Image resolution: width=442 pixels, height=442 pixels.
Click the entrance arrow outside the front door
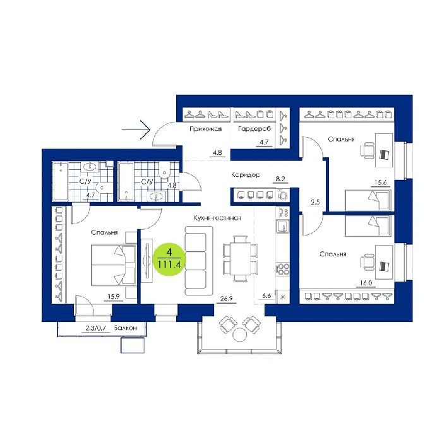pyautogui.click(x=136, y=129)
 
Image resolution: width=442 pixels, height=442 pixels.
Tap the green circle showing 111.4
pyautogui.click(x=169, y=259)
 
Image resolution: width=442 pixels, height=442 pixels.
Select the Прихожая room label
pyautogui.click(x=205, y=129)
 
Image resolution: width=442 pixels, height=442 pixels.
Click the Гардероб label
pyautogui.click(x=254, y=129)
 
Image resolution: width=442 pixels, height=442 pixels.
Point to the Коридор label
pyautogui.click(x=246, y=175)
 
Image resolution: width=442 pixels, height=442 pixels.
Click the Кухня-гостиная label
pyautogui.click(x=217, y=218)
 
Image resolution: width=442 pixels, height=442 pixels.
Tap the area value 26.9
pyautogui.click(x=226, y=299)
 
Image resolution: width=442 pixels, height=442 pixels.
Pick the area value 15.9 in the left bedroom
pyautogui.click(x=113, y=297)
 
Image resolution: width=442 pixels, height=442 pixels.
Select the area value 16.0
pyautogui.click(x=366, y=283)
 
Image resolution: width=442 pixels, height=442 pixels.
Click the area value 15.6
pyautogui.click(x=380, y=182)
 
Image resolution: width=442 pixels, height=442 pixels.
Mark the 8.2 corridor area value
pyautogui.click(x=280, y=179)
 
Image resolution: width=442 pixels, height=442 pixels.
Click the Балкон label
pyautogui.click(x=126, y=328)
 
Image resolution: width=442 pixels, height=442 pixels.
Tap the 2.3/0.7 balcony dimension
pyautogui.click(x=95, y=328)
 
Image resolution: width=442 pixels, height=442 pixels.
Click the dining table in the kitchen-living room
pyautogui.click(x=240, y=258)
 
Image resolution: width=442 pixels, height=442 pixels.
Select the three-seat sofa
pyautogui.click(x=199, y=261)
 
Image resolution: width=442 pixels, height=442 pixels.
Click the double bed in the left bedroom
pyautogui.click(x=114, y=265)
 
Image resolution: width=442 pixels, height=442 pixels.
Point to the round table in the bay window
pyautogui.click(x=239, y=335)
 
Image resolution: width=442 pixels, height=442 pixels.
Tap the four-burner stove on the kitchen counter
pyautogui.click(x=283, y=269)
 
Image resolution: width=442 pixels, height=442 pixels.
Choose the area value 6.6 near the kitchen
pyautogui.click(x=266, y=296)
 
